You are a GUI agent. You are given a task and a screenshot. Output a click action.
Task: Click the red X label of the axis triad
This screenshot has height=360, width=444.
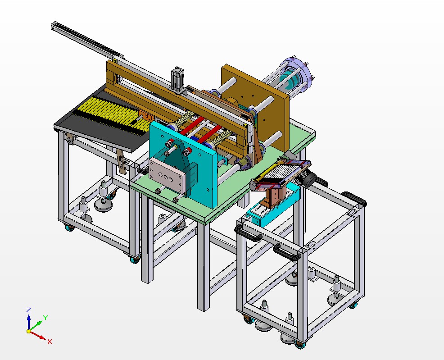pyautogui.click(x=50, y=342)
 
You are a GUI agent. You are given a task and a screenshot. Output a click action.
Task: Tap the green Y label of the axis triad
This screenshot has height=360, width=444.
pyautogui.click(x=45, y=318)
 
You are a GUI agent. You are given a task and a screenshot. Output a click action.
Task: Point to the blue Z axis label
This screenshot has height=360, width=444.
pyautogui.click(x=28, y=310)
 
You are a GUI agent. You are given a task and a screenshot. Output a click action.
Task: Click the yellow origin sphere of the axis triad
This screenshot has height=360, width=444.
pyautogui.click(x=29, y=331)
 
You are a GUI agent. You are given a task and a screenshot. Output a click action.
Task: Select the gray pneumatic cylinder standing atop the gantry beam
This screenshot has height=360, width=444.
pyautogui.click(x=177, y=79)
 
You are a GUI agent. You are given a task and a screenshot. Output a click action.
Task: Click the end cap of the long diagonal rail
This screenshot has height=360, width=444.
pyautogui.click(x=54, y=26)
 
